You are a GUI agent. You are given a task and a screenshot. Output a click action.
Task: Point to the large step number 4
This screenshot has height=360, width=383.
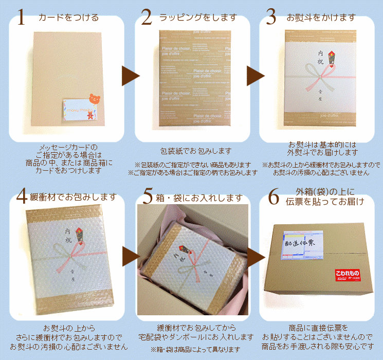tap(21, 196)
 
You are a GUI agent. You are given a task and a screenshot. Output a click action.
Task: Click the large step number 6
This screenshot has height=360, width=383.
tap(273, 196)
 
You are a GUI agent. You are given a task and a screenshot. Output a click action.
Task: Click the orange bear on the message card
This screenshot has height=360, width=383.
tap(94, 99)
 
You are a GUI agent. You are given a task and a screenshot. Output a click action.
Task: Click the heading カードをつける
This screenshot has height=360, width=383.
tap(68, 18)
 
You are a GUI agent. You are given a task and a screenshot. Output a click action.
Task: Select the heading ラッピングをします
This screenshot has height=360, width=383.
tap(198, 18)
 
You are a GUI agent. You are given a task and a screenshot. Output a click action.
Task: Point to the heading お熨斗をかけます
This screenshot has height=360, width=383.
tap(321, 18)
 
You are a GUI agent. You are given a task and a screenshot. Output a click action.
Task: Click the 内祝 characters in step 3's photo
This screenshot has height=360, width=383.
tap(320, 57)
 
